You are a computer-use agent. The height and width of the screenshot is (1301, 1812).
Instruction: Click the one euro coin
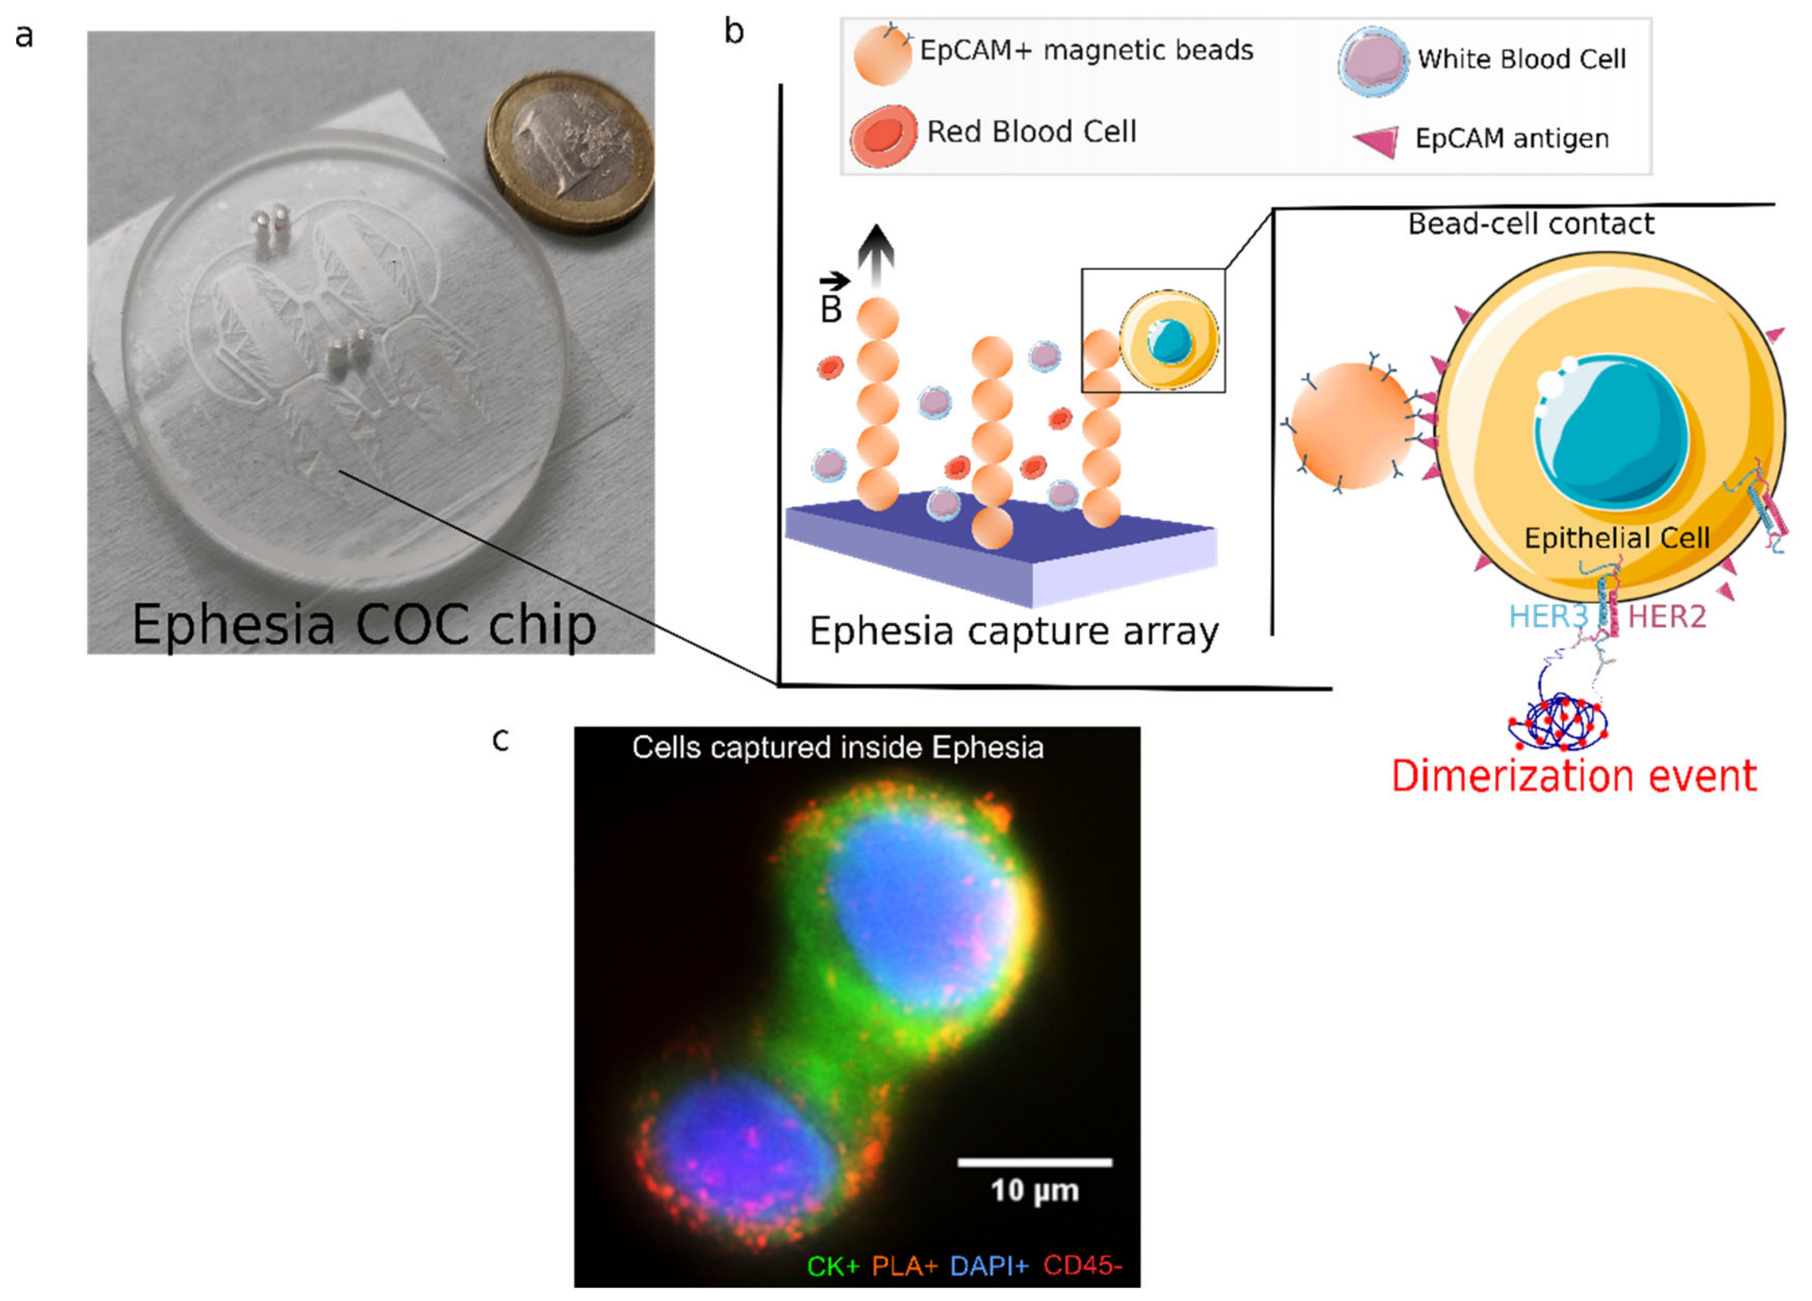[570, 151]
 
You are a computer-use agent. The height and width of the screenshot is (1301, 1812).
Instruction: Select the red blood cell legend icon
[883, 134]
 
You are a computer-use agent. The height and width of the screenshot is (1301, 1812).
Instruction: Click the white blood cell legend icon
[1373, 61]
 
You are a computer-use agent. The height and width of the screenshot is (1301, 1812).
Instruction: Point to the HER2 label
[1667, 616]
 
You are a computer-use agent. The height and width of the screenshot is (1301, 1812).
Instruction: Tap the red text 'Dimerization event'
[1574, 776]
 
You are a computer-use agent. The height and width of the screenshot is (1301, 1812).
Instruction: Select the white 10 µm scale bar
[1035, 1162]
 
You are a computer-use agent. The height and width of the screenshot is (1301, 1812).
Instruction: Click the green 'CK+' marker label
[832, 1265]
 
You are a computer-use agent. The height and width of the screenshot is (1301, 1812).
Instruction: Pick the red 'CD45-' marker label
[1082, 1265]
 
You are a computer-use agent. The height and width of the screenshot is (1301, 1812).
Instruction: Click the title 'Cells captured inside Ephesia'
[837, 748]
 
